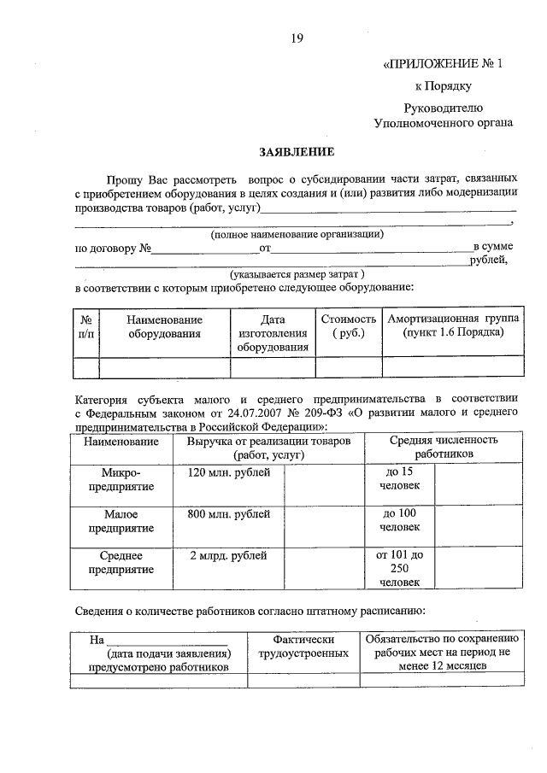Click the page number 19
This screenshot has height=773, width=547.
(x=297, y=38)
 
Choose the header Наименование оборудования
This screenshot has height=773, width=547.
(x=164, y=325)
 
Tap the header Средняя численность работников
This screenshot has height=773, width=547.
(x=444, y=447)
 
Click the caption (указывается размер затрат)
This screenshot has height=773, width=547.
(x=297, y=274)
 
